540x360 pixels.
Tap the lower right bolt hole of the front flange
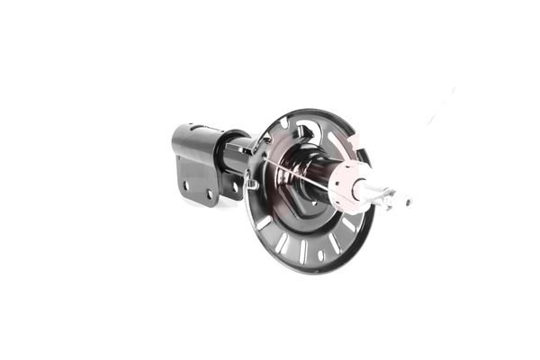pos(209,193)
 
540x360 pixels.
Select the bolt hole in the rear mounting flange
pos(236,187)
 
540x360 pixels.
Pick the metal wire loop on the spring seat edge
pos(253,184)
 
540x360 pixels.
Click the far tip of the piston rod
pos(409,201)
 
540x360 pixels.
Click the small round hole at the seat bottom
pos(320,256)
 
